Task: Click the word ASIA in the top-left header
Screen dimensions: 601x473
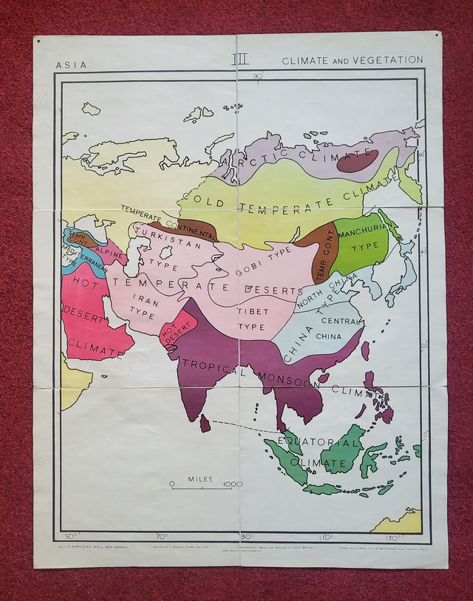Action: pyautogui.click(x=71, y=64)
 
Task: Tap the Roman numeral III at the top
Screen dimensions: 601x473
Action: pyautogui.click(x=239, y=59)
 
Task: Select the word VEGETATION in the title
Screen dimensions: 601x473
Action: pyautogui.click(x=392, y=60)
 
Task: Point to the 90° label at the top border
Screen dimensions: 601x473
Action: pyautogui.click(x=258, y=75)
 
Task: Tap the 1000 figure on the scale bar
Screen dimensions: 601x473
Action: pyautogui.click(x=233, y=484)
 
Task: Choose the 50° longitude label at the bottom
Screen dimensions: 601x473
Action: pyautogui.click(x=71, y=537)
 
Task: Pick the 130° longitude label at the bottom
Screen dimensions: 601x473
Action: pyautogui.click(x=392, y=537)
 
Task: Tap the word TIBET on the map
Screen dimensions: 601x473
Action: pyautogui.click(x=251, y=311)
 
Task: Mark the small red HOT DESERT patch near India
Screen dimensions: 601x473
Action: pyautogui.click(x=177, y=330)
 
